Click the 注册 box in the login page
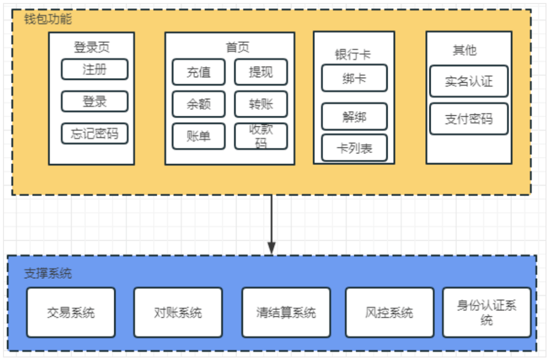[x=94, y=69]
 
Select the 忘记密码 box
[x=94, y=134]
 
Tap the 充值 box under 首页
[x=198, y=72]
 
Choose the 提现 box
[x=261, y=72]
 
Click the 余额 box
[x=198, y=104]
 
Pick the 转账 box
[x=261, y=104]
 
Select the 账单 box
[x=198, y=136]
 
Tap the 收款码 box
[x=261, y=136]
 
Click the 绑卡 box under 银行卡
[x=354, y=78]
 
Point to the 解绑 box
[x=354, y=116]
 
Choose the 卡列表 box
[x=354, y=148]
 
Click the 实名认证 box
[x=468, y=81]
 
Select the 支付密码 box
[x=468, y=119]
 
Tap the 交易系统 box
[x=71, y=312]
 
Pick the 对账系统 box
[x=178, y=312]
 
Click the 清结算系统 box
[x=286, y=312]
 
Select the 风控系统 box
[x=389, y=312]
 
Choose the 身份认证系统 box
[x=487, y=312]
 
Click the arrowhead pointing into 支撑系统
[x=271, y=249]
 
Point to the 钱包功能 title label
[x=48, y=19]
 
